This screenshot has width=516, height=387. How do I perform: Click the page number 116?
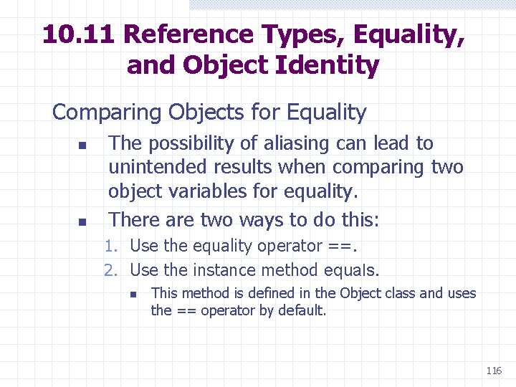click(493, 371)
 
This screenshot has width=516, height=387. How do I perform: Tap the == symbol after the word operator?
click(340, 246)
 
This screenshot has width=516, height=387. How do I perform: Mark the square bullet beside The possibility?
click(82, 145)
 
